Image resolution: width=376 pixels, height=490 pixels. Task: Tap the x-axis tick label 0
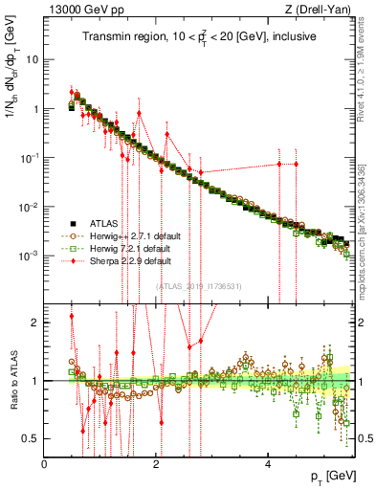(x=45, y=463)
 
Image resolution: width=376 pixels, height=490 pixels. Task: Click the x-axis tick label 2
(x=156, y=463)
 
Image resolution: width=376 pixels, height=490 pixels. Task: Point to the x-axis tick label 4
(x=268, y=463)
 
